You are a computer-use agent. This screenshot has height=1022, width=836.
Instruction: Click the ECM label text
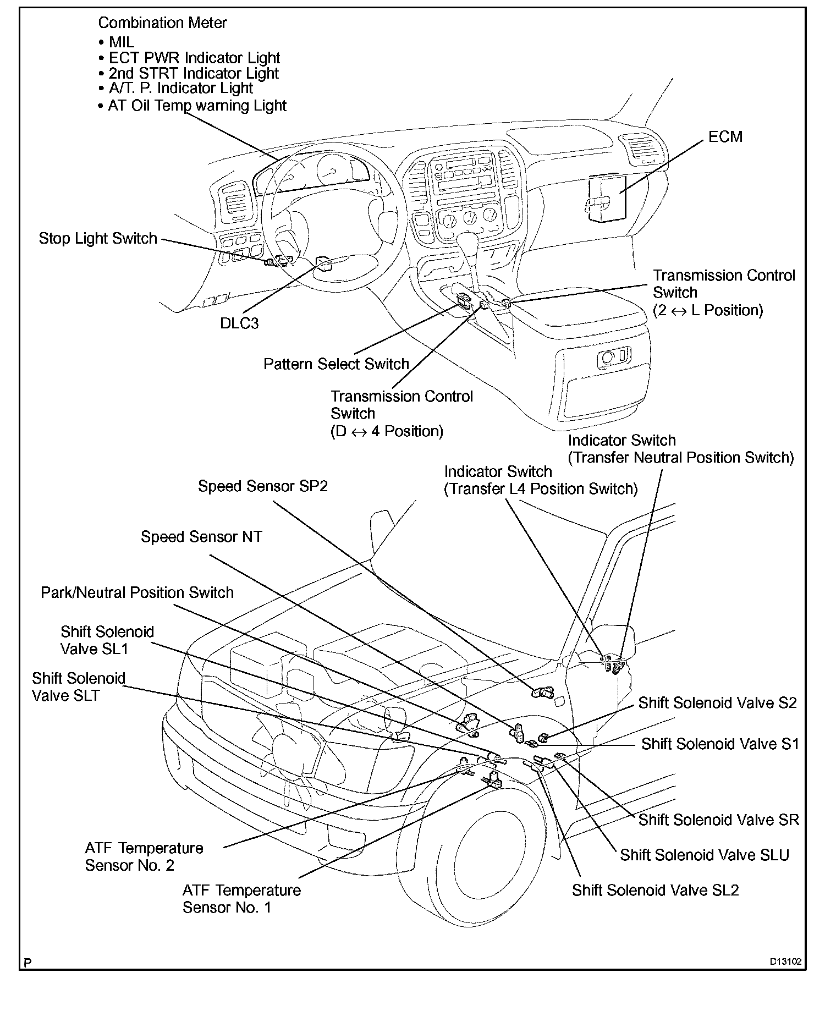coord(725,137)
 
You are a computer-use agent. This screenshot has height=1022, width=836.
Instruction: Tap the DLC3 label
coord(239,323)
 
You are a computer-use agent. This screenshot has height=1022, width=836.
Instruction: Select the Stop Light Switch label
coord(98,239)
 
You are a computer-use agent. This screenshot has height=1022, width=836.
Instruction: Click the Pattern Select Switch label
coord(336,364)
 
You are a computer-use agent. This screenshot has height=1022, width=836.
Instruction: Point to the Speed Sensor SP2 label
coord(262,486)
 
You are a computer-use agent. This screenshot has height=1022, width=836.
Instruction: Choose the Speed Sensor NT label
coord(201,537)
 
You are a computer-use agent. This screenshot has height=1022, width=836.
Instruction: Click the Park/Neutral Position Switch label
coord(137,592)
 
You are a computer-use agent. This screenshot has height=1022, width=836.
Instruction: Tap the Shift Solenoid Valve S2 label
coord(717,703)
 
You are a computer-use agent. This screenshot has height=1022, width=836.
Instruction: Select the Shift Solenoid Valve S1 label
coord(719,744)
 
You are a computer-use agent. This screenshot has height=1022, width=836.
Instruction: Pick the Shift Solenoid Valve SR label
coord(718,820)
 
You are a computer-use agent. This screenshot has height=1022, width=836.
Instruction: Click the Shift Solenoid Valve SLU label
coord(705,855)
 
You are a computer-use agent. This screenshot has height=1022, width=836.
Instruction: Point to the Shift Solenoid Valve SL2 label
coord(655,890)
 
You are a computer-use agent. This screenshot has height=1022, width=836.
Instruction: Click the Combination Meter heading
coord(162,23)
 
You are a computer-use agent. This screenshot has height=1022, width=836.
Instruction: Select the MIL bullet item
coord(121,42)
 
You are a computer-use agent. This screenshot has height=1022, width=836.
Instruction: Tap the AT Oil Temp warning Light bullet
coord(197,106)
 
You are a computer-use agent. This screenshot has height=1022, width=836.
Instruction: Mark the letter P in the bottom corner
coord(28,963)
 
